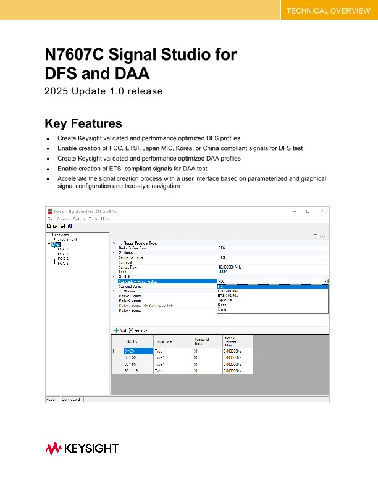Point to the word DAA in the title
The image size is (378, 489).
pyautogui.click(x=127, y=74)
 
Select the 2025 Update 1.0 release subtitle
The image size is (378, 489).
pyautogui.click(x=103, y=91)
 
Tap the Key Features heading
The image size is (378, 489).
pyautogui.click(x=83, y=123)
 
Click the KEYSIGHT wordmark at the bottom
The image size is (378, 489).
pyautogui.click(x=91, y=448)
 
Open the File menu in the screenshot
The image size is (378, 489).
pyautogui.click(x=50, y=219)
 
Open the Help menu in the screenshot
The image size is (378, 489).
pyautogui.click(x=105, y=219)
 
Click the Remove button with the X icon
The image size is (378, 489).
pyautogui.click(x=138, y=330)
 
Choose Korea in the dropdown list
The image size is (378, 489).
pyautogui.click(x=222, y=304)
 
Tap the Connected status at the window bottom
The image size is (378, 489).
pyautogui.click(x=71, y=399)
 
